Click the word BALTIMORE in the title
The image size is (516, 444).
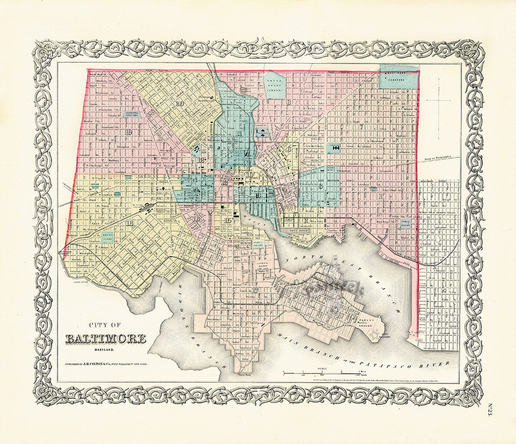click(105, 339)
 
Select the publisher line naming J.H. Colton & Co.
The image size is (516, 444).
click(109, 364)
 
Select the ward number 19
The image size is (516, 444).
click(128, 132)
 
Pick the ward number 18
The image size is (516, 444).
click(129, 222)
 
